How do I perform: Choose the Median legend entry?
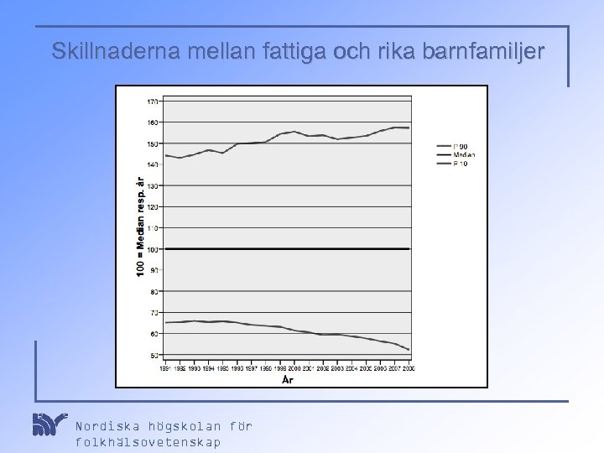(464, 155)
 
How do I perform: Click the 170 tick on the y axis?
(152, 101)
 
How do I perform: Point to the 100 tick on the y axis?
(152, 249)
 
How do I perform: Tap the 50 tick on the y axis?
(154, 355)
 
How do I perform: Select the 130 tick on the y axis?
(152, 185)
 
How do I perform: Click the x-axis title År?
(287, 379)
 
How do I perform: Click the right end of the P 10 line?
(409, 349)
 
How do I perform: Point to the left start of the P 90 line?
(167, 155)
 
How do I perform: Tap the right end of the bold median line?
(409, 249)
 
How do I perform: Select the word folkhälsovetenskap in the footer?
(148, 441)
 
